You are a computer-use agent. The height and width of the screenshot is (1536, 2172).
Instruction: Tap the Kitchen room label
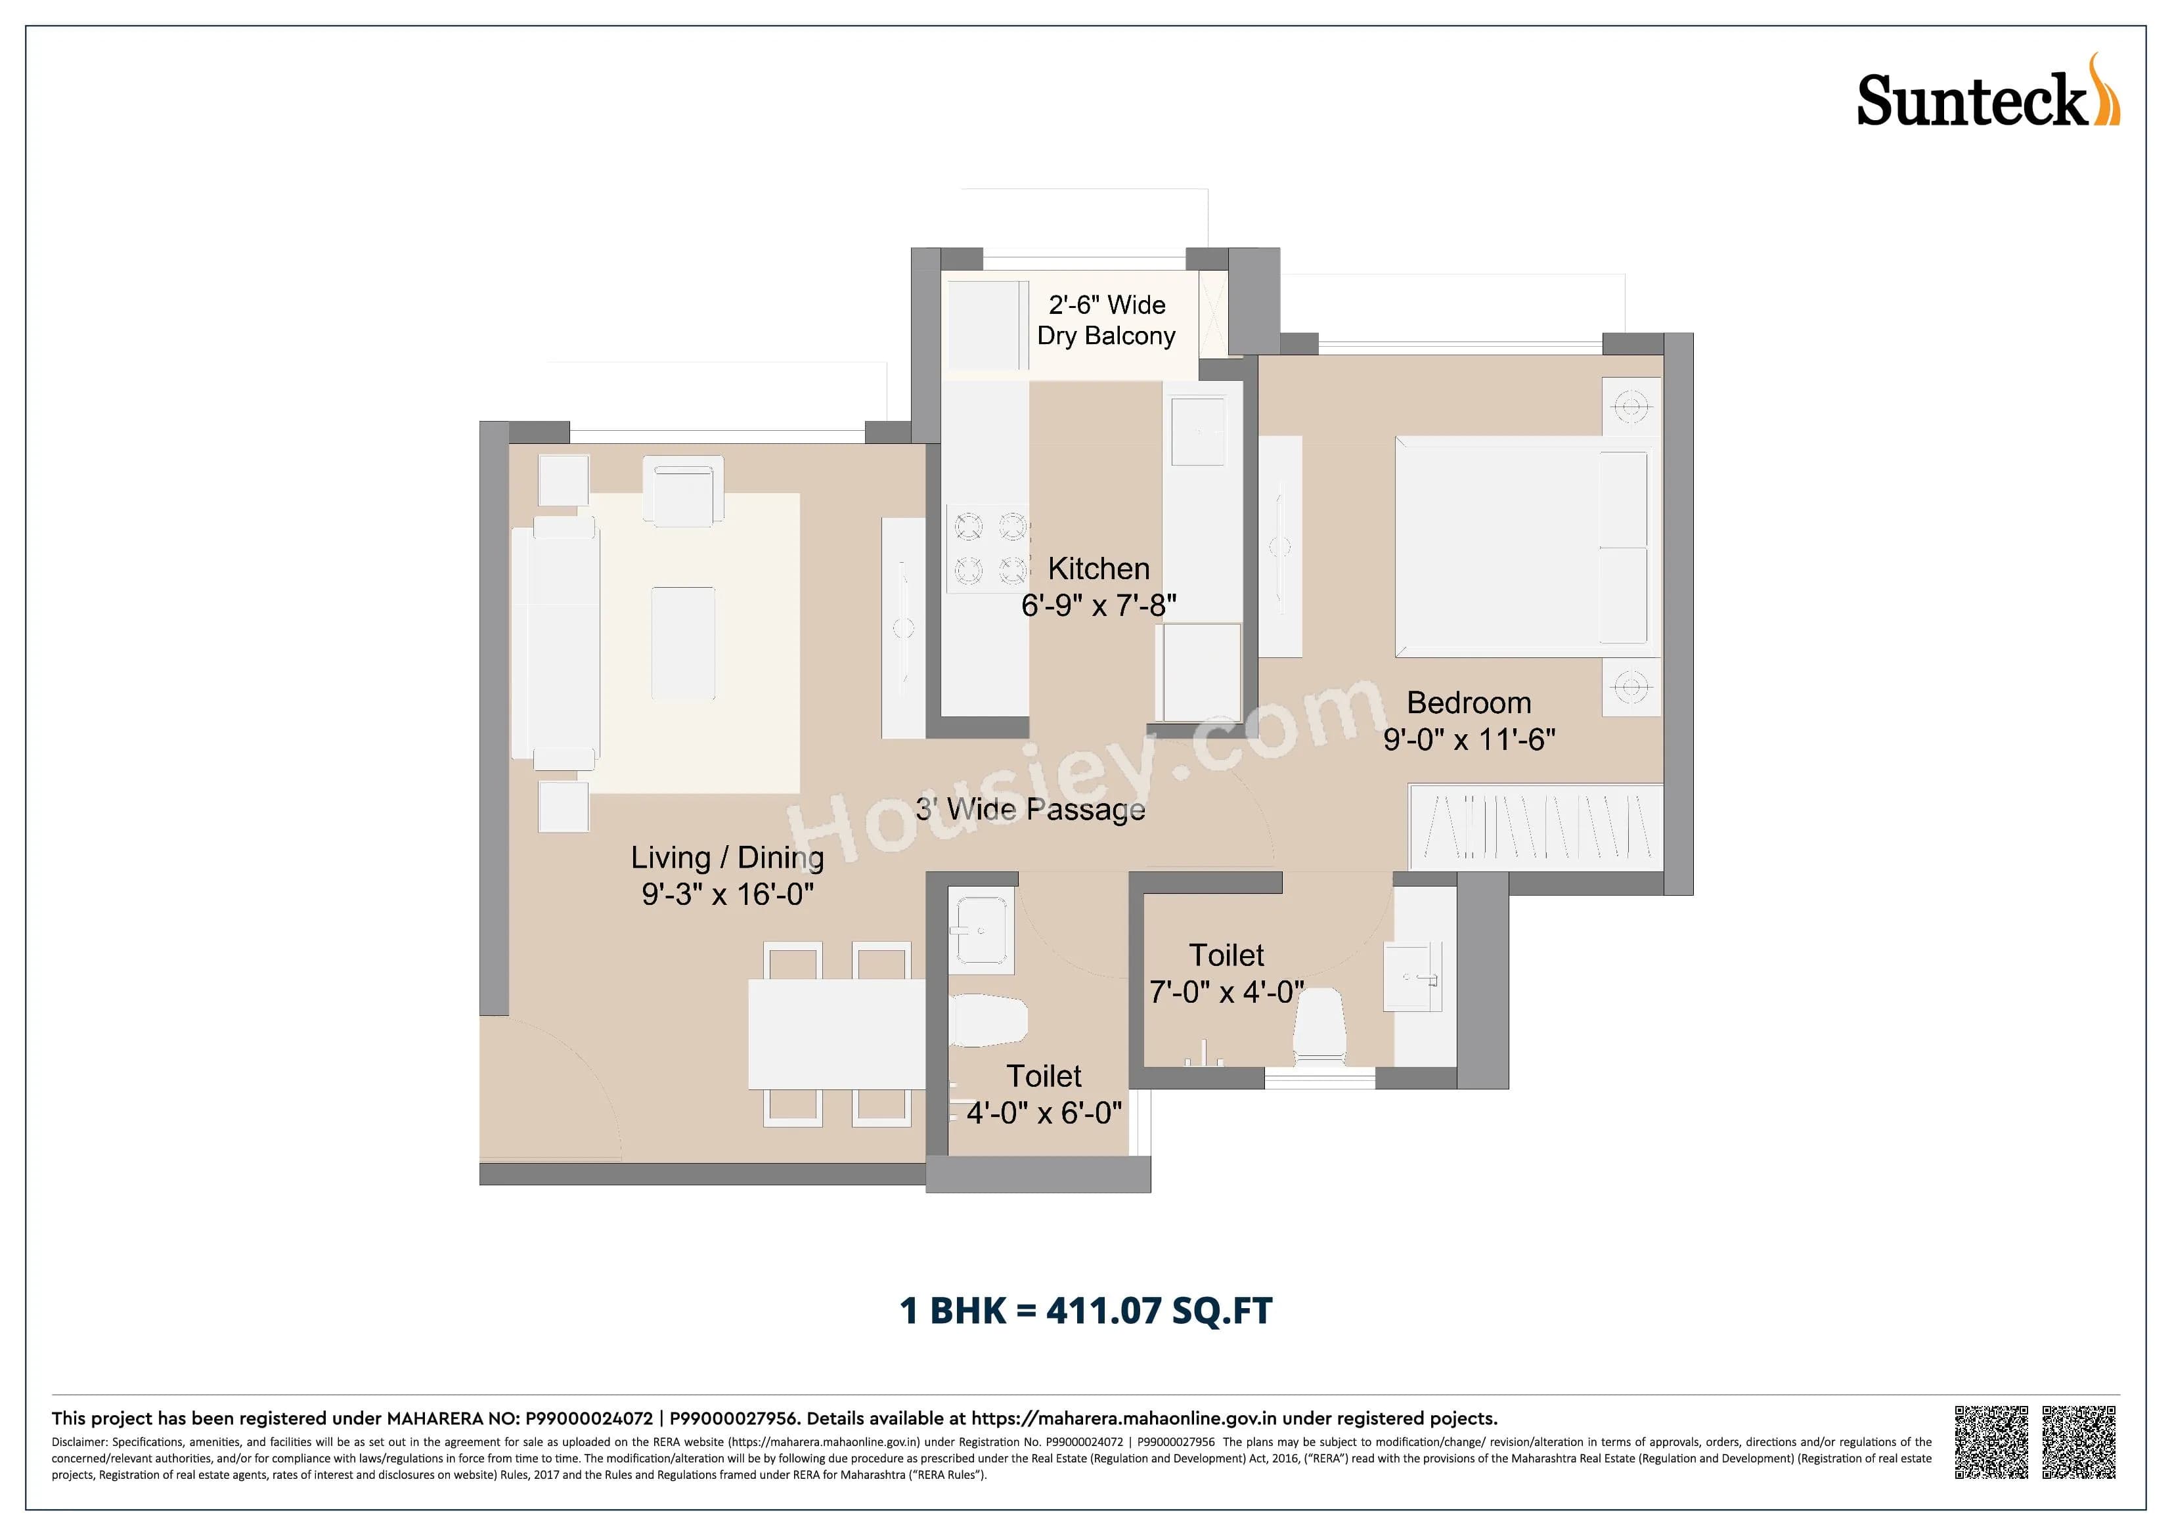[x=1098, y=569]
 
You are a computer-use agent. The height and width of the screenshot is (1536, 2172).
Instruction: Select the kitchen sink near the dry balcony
[x=1197, y=431]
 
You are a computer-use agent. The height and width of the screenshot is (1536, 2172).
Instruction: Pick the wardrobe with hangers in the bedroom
[x=1536, y=825]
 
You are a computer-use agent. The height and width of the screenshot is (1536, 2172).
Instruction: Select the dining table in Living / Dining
[x=836, y=1034]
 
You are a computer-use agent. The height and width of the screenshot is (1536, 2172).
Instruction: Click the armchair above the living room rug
[x=683, y=490]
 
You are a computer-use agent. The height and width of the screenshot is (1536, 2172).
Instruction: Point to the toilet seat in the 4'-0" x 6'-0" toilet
[x=988, y=1021]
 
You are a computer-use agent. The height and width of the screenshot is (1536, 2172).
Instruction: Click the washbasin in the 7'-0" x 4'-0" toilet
[x=1412, y=975]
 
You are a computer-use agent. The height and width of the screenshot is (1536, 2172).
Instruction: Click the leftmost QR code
[x=1991, y=1441]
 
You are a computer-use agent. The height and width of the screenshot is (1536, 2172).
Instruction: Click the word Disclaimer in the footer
[x=79, y=1442]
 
